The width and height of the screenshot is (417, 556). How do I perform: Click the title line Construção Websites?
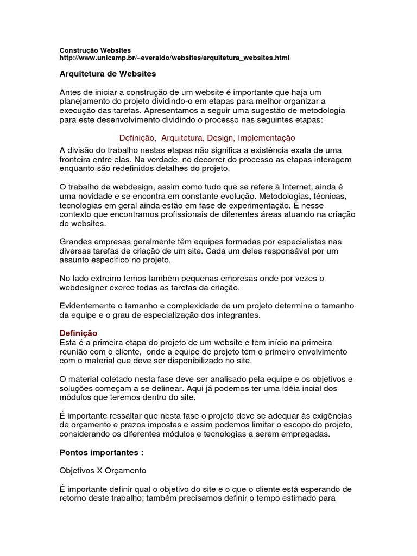95,50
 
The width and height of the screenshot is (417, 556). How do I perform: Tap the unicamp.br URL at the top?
174,58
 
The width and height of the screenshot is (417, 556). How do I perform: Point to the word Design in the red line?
220,138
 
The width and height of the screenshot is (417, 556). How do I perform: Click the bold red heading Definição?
78,333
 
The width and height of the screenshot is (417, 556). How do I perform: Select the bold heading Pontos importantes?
101,452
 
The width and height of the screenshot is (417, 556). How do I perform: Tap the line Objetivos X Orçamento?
103,470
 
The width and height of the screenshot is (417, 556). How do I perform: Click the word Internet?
293,187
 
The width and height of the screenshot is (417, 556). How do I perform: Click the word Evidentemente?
89,306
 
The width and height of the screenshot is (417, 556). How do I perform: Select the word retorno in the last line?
73,498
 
